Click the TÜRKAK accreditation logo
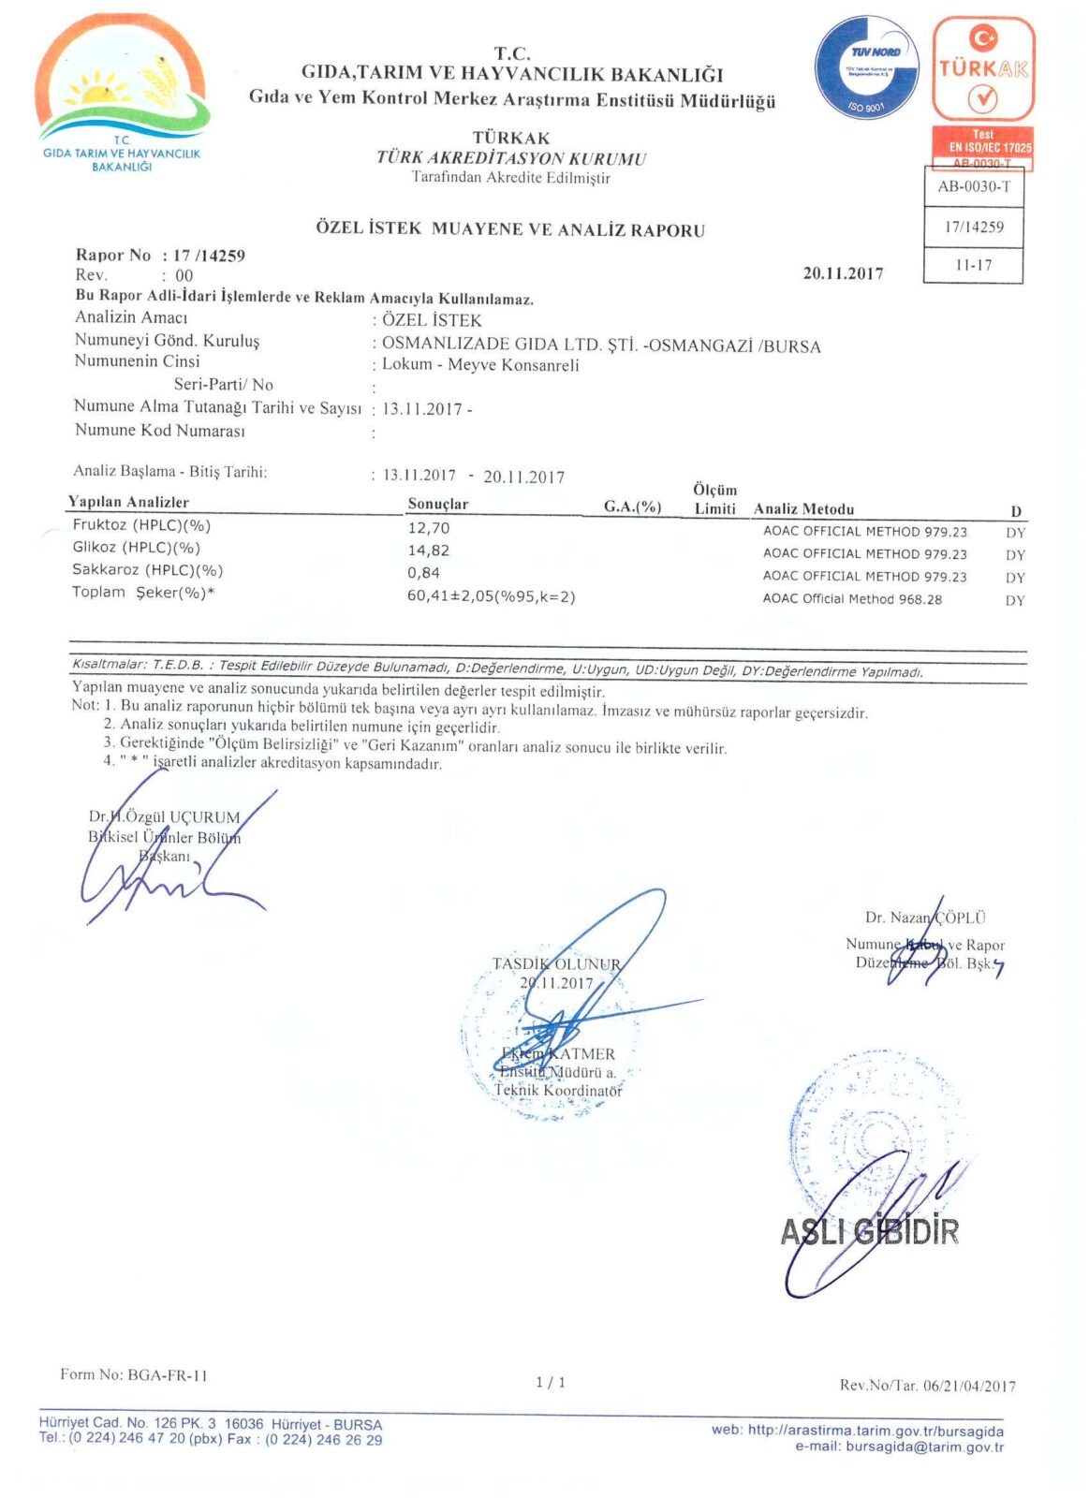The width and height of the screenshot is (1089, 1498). coord(983,69)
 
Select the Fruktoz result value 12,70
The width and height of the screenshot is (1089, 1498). coord(429,528)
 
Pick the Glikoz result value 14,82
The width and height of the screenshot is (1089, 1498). coord(429,551)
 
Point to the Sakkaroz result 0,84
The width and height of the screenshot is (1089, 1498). coord(423,573)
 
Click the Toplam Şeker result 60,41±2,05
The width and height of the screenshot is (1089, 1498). coord(491,596)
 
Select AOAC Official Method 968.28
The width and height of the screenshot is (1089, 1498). coord(852,599)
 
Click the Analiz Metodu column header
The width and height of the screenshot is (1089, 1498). coord(803,509)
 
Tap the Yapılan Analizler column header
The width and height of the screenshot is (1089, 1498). coord(128,502)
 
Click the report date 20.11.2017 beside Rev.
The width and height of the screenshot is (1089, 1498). coord(843,273)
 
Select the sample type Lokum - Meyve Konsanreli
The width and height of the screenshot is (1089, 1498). coord(480,365)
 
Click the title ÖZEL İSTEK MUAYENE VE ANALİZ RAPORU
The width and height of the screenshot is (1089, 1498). coord(510,229)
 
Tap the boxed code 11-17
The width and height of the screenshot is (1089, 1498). coord(974,265)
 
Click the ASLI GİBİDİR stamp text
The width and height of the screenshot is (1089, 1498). coord(869,1231)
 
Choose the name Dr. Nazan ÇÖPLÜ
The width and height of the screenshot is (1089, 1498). coord(924,918)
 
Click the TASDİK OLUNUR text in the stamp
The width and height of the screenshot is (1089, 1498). coord(556,963)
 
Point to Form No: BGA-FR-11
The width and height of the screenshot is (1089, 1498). coord(134,1374)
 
